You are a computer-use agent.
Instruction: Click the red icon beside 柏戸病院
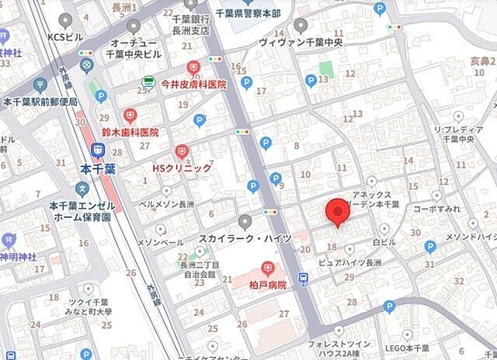click(269, 268)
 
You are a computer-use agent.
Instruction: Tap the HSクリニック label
click(181, 168)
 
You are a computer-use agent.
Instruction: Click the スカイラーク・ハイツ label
click(245, 237)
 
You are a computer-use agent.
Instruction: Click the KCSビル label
click(65, 36)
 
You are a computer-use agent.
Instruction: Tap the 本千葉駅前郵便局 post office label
click(40, 102)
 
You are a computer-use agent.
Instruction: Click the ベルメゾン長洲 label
click(167, 204)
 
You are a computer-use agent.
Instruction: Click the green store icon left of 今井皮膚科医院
click(148, 81)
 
